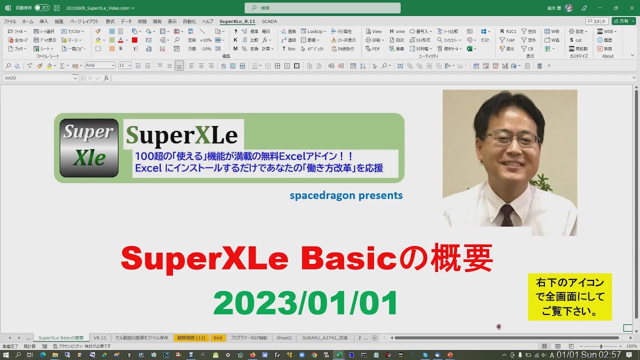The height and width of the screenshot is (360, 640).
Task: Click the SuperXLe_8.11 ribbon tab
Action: [x=237, y=21]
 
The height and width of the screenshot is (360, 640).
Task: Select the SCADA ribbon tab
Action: [x=269, y=21]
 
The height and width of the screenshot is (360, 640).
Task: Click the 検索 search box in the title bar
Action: [x=322, y=8]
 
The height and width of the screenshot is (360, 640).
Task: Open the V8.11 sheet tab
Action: [x=100, y=338]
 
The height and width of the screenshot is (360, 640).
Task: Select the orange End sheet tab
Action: [x=218, y=338]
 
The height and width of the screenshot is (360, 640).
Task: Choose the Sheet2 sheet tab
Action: [x=284, y=338]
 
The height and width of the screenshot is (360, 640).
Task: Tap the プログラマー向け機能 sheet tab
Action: [x=248, y=338]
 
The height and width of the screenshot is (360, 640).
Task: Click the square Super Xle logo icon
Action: [x=89, y=148]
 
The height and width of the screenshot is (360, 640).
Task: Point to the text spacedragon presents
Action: [x=346, y=195]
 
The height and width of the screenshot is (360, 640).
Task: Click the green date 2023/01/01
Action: [x=305, y=303]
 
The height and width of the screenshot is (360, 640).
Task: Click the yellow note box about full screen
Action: [x=569, y=296]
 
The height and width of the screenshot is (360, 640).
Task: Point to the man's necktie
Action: [x=507, y=215]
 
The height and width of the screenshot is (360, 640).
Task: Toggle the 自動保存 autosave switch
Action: [x=42, y=8]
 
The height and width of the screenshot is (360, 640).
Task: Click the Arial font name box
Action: [x=99, y=65]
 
